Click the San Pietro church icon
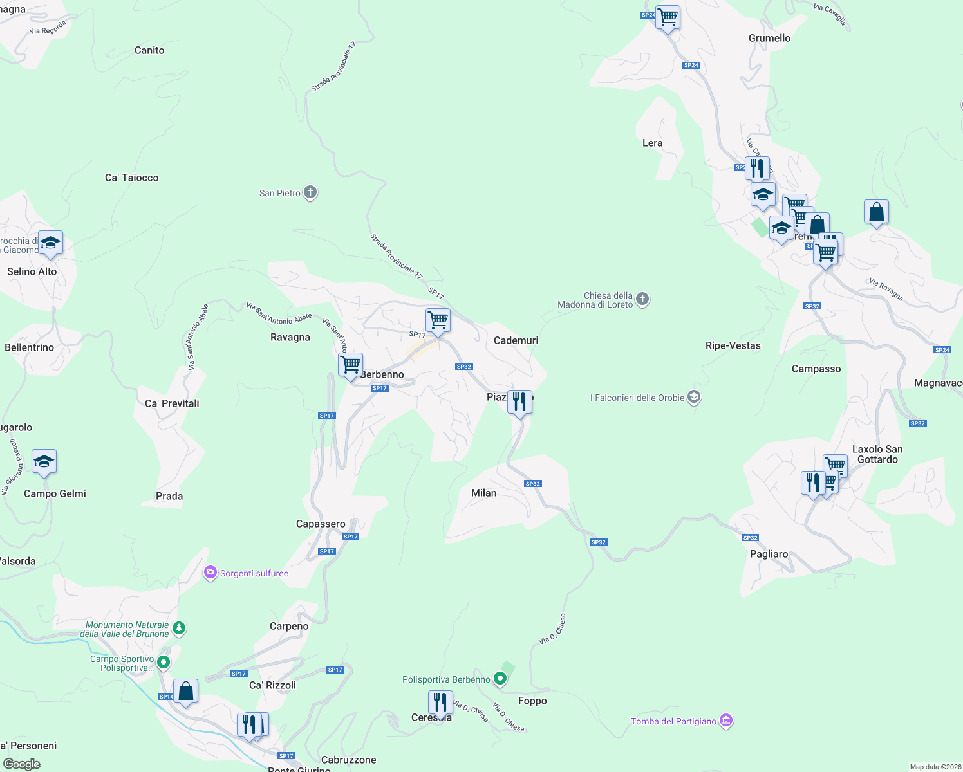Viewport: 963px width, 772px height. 310,192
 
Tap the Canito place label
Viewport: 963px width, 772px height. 149,50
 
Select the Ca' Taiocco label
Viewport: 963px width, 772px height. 131,178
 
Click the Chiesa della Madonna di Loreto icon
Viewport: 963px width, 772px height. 642,299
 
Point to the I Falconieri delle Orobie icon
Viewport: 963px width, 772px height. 694,397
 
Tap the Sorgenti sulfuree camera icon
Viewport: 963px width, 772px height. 210,573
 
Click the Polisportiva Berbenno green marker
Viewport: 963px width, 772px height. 500,679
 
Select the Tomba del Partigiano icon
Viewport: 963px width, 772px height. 726,721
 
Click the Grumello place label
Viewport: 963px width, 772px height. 769,38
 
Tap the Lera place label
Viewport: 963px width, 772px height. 652,143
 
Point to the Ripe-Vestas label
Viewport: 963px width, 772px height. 733,345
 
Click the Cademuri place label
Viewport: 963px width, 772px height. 516,340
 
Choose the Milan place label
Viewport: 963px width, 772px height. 483,493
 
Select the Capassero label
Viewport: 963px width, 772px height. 321,524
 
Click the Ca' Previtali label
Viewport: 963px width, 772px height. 172,403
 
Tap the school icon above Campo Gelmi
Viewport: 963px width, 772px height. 44,462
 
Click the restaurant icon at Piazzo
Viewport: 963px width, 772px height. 519,402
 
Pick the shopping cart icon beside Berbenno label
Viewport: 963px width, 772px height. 351,365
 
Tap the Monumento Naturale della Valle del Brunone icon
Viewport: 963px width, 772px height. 179,629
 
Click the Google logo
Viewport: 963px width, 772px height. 22,764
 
